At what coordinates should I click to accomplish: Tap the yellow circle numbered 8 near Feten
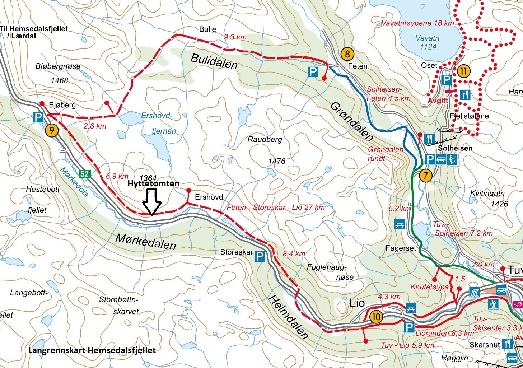(347, 54)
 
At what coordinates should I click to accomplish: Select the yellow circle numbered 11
(463, 71)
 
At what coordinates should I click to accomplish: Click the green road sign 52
(85, 174)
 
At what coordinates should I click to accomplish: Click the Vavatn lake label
(427, 42)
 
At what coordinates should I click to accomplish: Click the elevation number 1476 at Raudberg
(277, 161)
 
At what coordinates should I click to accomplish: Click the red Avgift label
(438, 101)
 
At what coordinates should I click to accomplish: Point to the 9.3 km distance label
(235, 37)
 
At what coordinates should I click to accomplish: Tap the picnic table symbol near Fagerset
(400, 224)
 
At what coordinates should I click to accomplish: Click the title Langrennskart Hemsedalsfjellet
(92, 350)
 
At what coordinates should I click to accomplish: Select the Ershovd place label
(209, 197)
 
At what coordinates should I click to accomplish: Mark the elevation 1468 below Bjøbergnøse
(59, 80)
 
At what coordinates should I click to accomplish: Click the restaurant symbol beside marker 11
(465, 95)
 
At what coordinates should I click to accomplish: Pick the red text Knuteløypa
(429, 287)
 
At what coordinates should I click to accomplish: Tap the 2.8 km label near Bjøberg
(95, 126)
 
